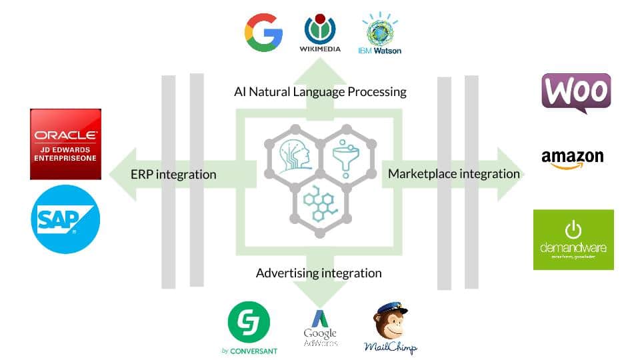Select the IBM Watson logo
381,33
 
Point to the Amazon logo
572,159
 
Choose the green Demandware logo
573,239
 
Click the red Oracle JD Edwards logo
65,144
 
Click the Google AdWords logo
320,328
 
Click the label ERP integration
173,175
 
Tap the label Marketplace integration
454,174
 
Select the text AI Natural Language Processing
320,91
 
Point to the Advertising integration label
319,273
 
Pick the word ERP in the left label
142,175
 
